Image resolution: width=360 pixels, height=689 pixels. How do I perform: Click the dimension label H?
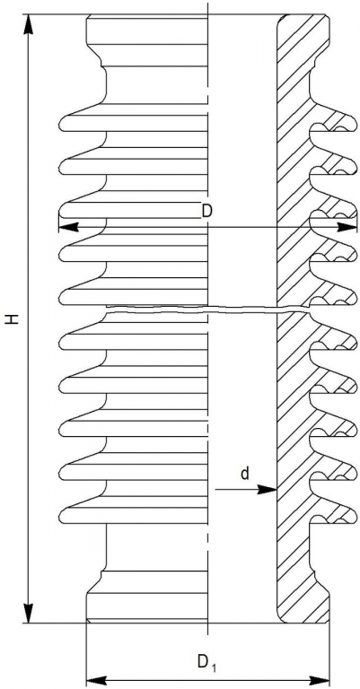(x=14, y=319)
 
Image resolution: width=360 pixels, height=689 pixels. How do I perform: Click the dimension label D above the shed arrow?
(x=207, y=212)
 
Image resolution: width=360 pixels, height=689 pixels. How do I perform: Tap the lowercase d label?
(x=245, y=474)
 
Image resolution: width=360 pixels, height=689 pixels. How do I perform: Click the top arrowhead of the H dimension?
(x=29, y=24)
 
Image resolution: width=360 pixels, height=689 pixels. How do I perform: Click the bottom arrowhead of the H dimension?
(x=29, y=614)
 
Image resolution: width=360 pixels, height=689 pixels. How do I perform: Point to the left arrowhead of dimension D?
(x=68, y=227)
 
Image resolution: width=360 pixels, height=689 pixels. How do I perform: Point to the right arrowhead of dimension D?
(x=347, y=227)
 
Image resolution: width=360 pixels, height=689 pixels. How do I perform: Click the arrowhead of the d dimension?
(x=268, y=489)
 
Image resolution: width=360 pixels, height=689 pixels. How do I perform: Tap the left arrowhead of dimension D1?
(x=96, y=679)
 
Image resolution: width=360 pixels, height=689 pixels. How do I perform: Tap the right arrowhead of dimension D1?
(x=320, y=679)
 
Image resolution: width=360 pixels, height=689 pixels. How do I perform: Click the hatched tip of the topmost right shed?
(x=352, y=124)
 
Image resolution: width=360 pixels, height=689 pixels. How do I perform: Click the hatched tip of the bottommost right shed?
(x=352, y=516)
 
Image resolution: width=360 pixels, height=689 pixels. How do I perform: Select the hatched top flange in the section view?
(x=303, y=39)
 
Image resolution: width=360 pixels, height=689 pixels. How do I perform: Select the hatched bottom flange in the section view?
(x=303, y=597)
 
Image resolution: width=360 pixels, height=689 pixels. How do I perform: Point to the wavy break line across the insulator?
(x=206, y=310)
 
